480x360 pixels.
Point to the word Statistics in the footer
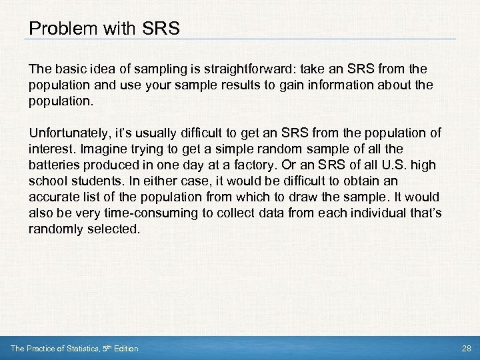tap(75, 349)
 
